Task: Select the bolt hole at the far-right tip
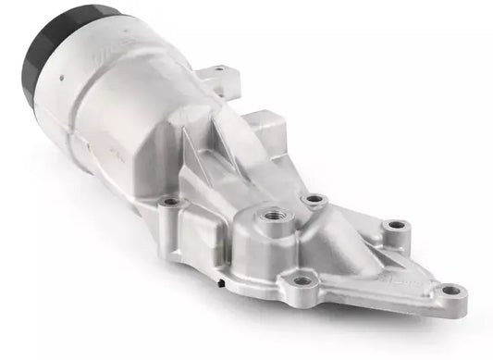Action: click(x=450, y=290)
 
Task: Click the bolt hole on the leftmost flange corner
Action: click(x=170, y=201)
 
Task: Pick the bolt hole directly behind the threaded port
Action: click(x=315, y=198)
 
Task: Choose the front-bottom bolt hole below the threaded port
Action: click(x=301, y=280)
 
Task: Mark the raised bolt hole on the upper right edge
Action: click(x=396, y=225)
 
